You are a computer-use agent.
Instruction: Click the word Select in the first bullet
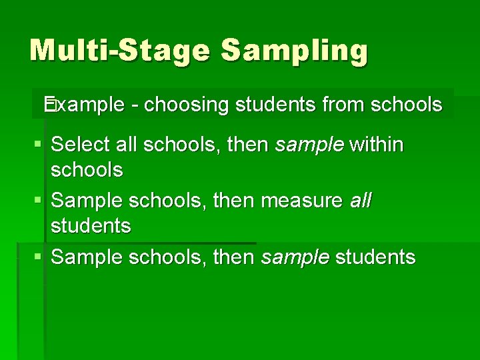[81, 144]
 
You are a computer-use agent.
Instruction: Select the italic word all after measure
[361, 200]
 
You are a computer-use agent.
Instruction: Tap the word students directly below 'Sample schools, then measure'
[91, 226]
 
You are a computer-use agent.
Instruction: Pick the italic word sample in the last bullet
[295, 257]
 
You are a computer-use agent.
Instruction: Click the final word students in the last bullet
[375, 257]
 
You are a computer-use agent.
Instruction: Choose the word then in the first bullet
[249, 144]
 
